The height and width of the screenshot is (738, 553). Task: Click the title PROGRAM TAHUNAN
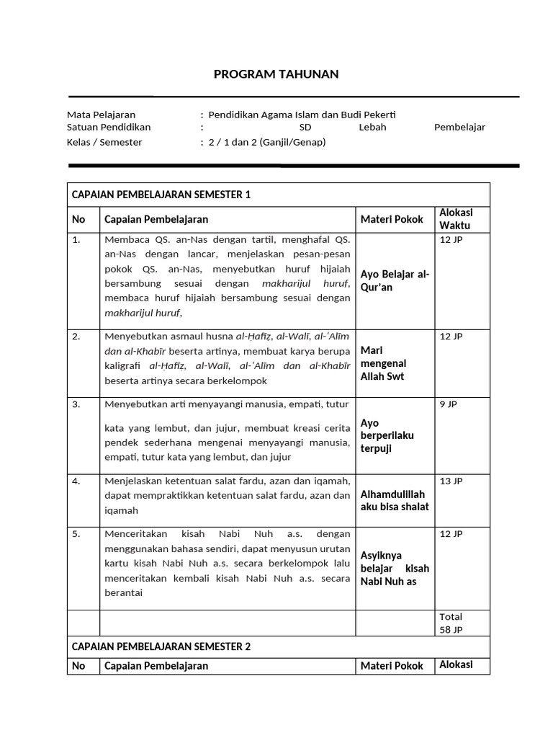pyautogui.click(x=276, y=74)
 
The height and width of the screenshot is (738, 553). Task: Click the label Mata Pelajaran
pyautogui.click(x=101, y=115)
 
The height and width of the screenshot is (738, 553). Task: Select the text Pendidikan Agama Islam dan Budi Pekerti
pyautogui.click(x=302, y=115)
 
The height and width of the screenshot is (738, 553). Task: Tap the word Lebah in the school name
pyautogui.click(x=372, y=128)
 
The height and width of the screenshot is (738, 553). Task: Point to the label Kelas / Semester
pyautogui.click(x=104, y=142)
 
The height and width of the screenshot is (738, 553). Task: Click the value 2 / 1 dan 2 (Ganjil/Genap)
pyautogui.click(x=267, y=142)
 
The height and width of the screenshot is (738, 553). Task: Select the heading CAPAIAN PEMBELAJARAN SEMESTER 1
pyautogui.click(x=160, y=195)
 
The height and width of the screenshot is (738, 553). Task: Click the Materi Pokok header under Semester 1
pyautogui.click(x=392, y=219)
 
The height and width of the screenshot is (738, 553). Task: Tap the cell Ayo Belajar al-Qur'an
pyautogui.click(x=395, y=280)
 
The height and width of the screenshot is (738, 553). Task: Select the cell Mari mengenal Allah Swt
pyautogui.click(x=384, y=363)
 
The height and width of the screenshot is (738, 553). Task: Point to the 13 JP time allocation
pyautogui.click(x=451, y=481)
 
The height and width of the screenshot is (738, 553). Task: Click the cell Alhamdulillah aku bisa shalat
pyautogui.click(x=394, y=500)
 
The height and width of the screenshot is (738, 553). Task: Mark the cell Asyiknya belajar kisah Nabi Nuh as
pyautogui.click(x=395, y=568)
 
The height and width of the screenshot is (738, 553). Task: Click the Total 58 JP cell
pyautogui.click(x=451, y=623)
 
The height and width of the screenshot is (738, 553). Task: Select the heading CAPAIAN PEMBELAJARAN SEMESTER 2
pyautogui.click(x=160, y=646)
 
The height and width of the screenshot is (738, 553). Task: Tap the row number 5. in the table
pyautogui.click(x=77, y=534)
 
